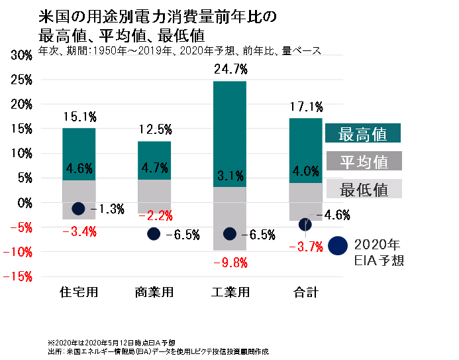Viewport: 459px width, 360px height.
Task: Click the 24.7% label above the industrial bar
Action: (x=230, y=69)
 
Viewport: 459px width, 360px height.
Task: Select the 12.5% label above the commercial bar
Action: (x=154, y=129)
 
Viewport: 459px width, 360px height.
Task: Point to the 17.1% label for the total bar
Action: (x=305, y=106)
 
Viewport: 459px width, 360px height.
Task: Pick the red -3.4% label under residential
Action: (x=79, y=231)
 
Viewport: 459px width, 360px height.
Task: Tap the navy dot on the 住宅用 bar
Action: (x=78, y=208)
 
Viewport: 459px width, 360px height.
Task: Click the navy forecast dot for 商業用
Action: (x=154, y=233)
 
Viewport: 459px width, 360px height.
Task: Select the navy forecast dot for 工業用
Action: (x=230, y=233)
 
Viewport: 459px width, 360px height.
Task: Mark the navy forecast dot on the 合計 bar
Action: (x=305, y=224)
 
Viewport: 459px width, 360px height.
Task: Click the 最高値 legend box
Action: (x=364, y=133)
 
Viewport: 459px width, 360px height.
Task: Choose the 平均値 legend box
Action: (x=364, y=161)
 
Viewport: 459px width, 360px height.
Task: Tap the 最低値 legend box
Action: (x=364, y=189)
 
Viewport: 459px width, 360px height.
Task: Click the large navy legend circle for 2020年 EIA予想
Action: (x=338, y=245)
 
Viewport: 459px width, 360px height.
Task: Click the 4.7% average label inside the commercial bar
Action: (x=154, y=168)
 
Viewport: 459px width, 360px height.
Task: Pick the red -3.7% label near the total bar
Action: (x=305, y=247)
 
